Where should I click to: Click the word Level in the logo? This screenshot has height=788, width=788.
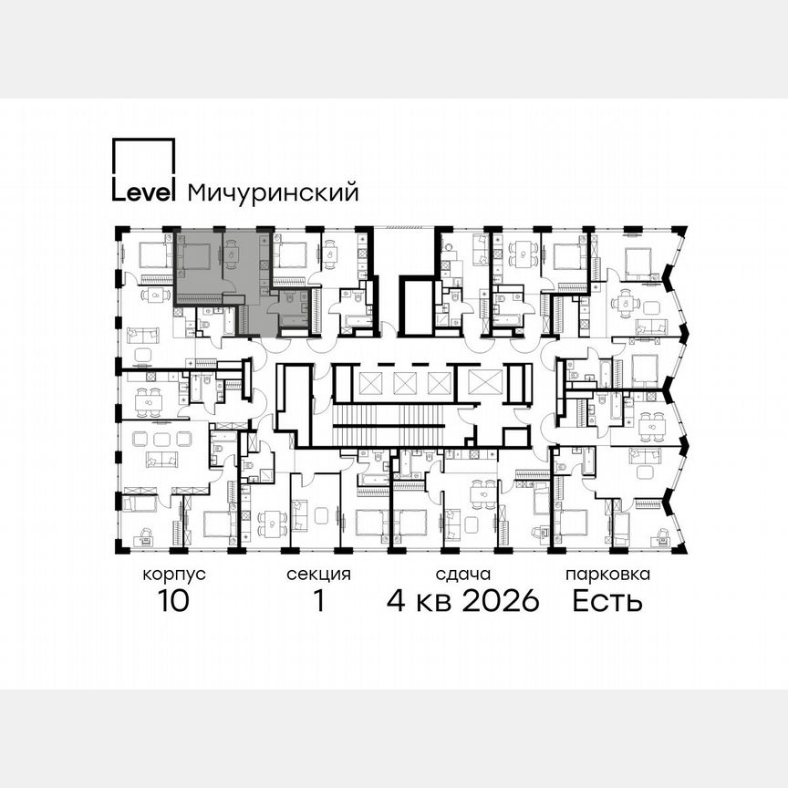coord(143,192)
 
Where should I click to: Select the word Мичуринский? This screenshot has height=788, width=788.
coord(272,192)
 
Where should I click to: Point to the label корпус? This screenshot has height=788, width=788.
coord(174,575)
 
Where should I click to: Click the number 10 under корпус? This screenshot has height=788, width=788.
coord(173,601)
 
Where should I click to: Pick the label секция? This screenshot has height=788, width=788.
coord(318,575)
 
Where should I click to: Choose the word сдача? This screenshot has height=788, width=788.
coord(462,575)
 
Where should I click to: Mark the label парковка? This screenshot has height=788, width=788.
coord(607,575)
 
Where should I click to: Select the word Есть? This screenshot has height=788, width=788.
coord(607,601)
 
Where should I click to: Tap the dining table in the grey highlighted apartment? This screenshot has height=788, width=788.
coord(233,255)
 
